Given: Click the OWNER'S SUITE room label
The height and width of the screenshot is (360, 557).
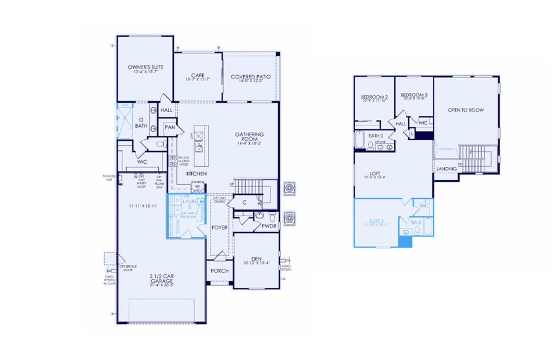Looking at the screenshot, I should pyautogui.click(x=144, y=67).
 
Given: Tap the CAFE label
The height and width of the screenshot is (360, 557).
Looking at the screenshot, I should pyautogui.click(x=198, y=75).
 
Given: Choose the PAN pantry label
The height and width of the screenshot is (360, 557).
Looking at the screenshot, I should pyautogui.click(x=170, y=127).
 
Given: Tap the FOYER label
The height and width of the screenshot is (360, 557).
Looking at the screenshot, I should pyautogui.click(x=219, y=228).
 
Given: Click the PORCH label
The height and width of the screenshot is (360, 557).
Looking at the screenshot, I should pyautogui.click(x=219, y=271).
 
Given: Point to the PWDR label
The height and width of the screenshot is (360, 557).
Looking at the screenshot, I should pyautogui.click(x=268, y=226).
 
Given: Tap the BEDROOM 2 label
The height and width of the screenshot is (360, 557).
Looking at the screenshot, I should pyautogui.click(x=375, y=97).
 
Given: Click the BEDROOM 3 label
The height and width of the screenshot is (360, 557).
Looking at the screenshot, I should pyautogui.click(x=414, y=95).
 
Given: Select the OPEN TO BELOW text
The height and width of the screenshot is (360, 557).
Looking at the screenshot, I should pyautogui.click(x=465, y=110).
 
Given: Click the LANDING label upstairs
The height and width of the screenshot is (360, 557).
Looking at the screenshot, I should pyautogui.click(x=446, y=169).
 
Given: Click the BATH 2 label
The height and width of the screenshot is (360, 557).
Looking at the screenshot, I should pyautogui.click(x=376, y=136).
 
